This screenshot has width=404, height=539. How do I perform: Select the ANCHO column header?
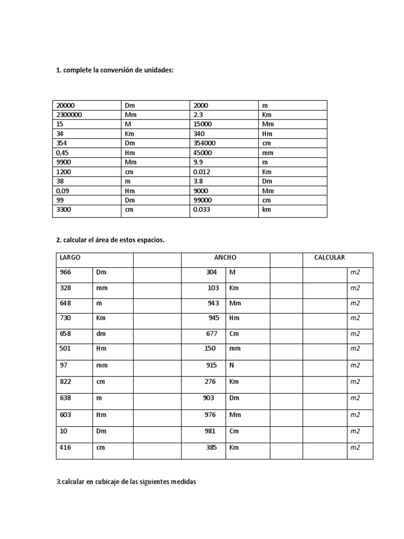coord(226,258)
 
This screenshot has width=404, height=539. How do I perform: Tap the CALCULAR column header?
coord(329,258)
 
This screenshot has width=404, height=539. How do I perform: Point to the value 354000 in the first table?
coord(204,143)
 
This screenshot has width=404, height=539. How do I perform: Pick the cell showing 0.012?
coord(202,172)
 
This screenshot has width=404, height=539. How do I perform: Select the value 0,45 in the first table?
coord(63,153)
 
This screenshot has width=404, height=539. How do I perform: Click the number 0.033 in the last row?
coord(202,210)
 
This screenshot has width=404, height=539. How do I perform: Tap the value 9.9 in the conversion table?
coord(198,162)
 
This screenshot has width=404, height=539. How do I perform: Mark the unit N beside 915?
coord(231,365)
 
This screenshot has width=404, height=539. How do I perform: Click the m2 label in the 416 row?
coord(355,448)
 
